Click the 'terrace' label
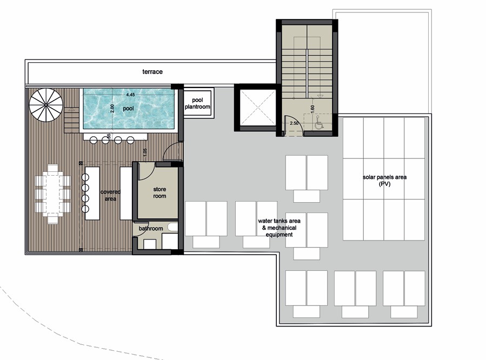click(152, 71)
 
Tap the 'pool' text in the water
click(128, 108)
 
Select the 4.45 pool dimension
click(130, 95)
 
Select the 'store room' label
click(159, 192)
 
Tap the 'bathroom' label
click(150, 229)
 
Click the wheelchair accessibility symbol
click(318, 123)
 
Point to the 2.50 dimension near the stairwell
click(294, 124)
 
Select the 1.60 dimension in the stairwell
click(312, 108)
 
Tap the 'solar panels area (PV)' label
click(384, 180)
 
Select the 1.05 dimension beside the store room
click(145, 152)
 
